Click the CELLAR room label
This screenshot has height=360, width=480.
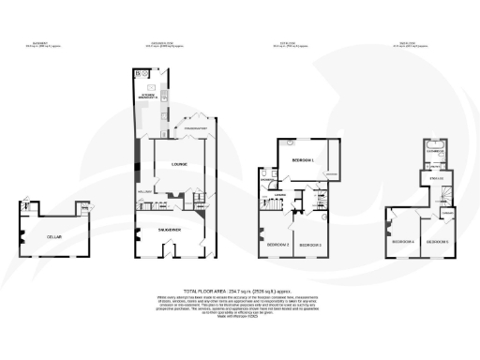pos(53,236)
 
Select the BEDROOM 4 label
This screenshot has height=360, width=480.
pos(400,241)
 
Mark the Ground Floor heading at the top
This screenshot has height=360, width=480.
pos(165,42)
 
